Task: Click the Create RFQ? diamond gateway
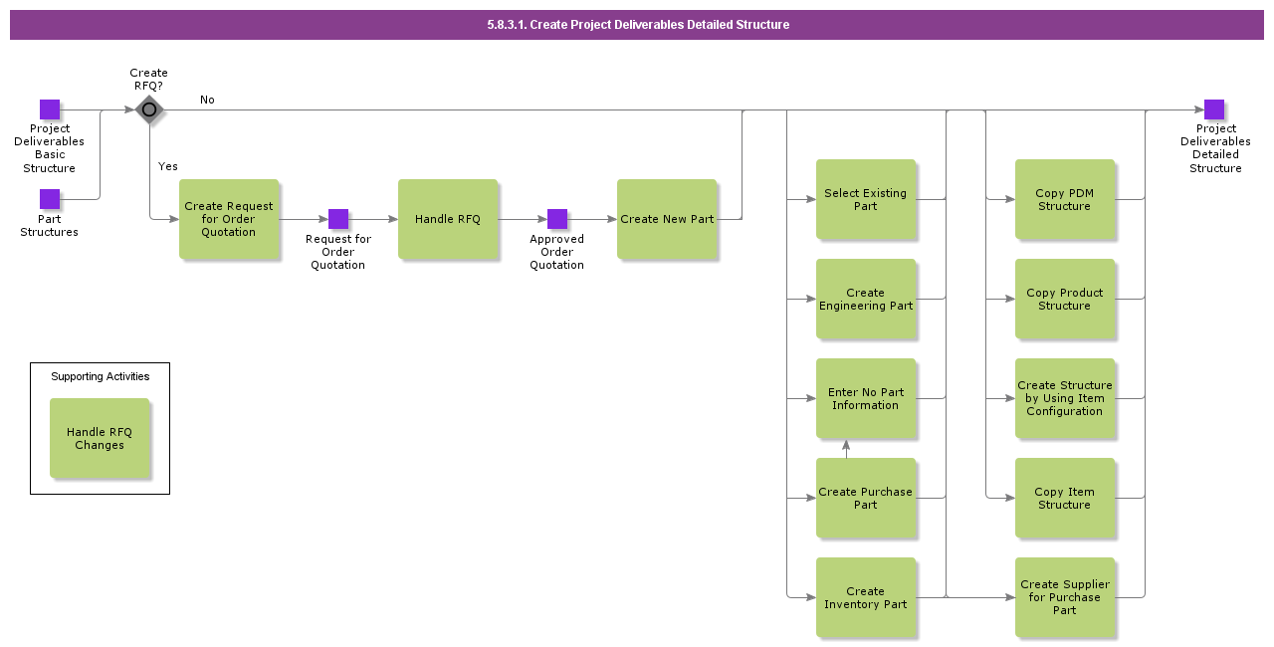click(149, 109)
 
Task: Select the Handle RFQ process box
click(448, 219)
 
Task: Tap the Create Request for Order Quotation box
click(229, 219)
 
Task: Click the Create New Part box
click(667, 219)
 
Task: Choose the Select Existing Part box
click(866, 199)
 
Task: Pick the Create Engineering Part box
click(866, 299)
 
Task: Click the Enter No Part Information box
click(866, 398)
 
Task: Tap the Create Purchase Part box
click(866, 498)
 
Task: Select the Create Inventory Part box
click(866, 597)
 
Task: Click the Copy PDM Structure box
click(1065, 199)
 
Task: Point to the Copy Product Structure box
click(1065, 299)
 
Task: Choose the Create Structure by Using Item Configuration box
click(1065, 398)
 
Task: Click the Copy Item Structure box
click(1065, 498)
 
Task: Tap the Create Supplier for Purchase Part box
click(1065, 597)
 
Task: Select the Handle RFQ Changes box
click(101, 438)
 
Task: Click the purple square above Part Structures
click(50, 199)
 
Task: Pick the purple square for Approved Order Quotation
click(557, 219)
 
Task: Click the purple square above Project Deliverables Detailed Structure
click(1214, 109)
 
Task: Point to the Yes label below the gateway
click(168, 166)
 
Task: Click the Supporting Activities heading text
click(101, 376)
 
